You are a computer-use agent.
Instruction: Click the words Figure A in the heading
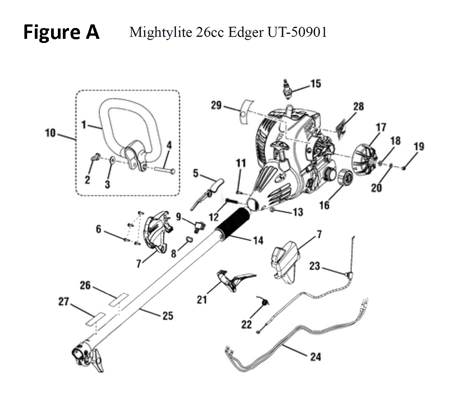click(61, 33)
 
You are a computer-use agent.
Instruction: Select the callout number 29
click(216, 105)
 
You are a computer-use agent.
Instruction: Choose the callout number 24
click(315, 357)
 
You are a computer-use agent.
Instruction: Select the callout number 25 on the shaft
click(168, 316)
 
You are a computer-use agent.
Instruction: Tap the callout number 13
click(298, 212)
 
